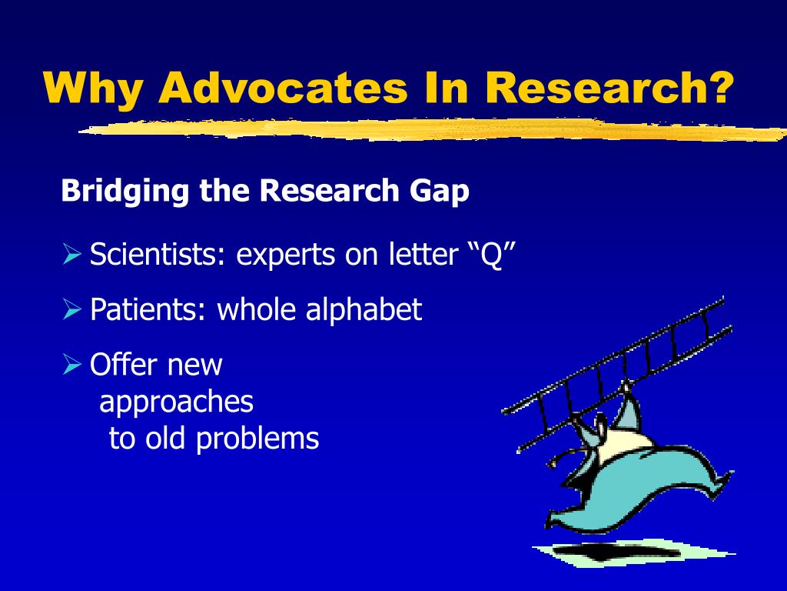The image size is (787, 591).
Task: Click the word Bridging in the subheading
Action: click(127, 191)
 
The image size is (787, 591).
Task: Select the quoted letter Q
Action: click(490, 255)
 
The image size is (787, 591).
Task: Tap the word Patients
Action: click(149, 310)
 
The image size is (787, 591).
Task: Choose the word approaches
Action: click(177, 402)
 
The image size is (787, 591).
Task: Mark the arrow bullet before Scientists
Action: click(71, 255)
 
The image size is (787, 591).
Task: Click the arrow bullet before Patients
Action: click(71, 310)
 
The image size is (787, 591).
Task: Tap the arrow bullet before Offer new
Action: click(71, 364)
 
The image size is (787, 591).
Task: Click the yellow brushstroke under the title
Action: click(430, 131)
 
